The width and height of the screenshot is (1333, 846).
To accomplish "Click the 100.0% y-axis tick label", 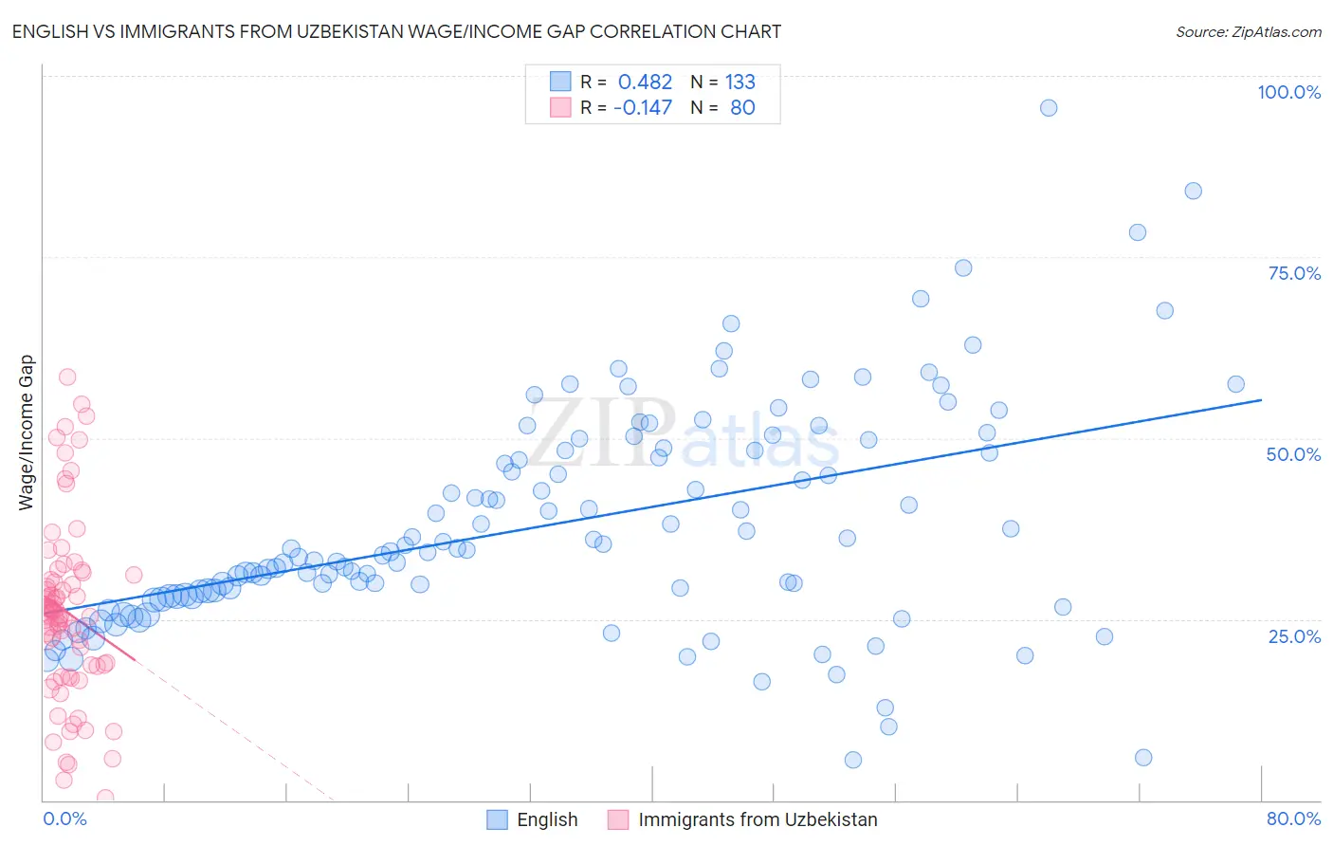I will click(x=1288, y=92).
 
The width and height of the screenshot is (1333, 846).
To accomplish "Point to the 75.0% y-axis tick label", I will click(x=1294, y=273).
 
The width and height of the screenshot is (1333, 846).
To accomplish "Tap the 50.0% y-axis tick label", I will click(x=1293, y=454).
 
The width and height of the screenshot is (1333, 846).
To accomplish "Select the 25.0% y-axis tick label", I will click(x=1294, y=635).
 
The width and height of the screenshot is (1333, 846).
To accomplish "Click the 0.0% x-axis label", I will click(x=64, y=818).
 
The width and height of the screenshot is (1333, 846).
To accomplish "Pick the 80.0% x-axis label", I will click(x=1293, y=818).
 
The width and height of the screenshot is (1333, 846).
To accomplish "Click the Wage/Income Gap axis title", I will click(x=27, y=432).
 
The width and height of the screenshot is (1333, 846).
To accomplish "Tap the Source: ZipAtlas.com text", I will click(x=1248, y=31).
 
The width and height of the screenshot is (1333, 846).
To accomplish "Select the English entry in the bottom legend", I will click(x=547, y=819).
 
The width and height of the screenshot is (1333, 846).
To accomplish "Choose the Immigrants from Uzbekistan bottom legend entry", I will click(x=758, y=819).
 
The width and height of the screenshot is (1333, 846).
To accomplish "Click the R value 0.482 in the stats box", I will click(x=645, y=82).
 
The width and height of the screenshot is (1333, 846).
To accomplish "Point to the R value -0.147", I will click(x=643, y=107).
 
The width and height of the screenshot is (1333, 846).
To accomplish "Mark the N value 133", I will click(x=740, y=82).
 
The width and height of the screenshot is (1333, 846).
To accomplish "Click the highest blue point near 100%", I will click(x=1048, y=108).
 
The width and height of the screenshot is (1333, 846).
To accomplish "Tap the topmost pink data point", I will click(x=67, y=377).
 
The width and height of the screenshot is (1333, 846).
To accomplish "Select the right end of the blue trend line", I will click(x=1261, y=399).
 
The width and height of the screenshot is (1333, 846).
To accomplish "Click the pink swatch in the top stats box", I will click(x=560, y=107).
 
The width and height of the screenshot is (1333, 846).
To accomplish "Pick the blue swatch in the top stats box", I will click(x=560, y=82).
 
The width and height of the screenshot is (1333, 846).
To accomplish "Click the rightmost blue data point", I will click(x=1235, y=384).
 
